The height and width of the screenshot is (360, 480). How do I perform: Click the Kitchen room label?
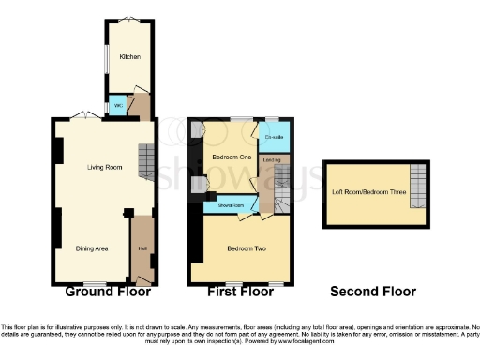pos(129,56)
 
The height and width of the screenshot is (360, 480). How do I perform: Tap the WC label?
pos(118,106)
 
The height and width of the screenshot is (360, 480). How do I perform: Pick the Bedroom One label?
pos(229,157)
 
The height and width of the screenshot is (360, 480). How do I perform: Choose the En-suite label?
pos(274,139)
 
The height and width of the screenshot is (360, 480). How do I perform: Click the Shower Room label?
pos(231,204)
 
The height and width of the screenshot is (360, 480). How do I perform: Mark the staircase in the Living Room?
pos(146,161)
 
